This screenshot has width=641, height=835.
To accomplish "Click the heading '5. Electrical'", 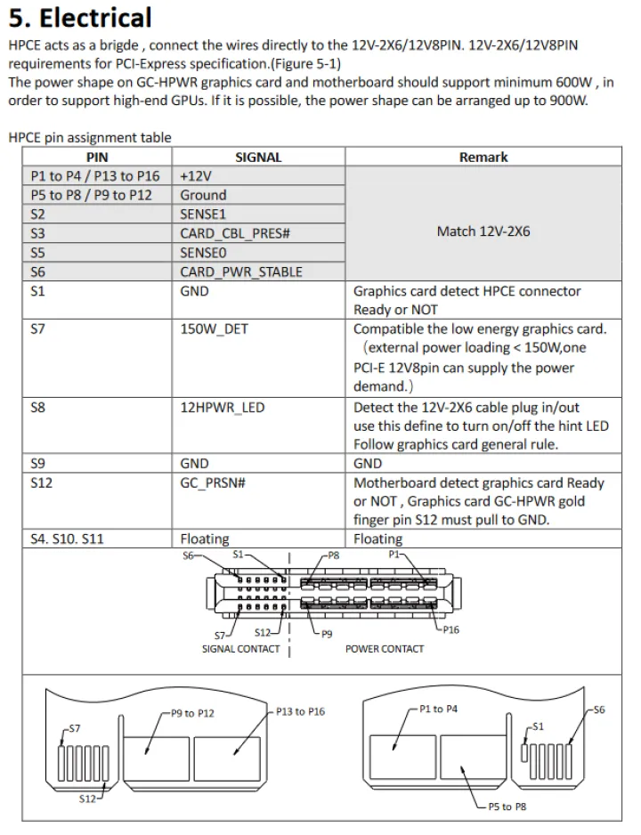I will click(x=80, y=17).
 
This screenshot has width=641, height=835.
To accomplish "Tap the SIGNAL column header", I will click(x=258, y=158).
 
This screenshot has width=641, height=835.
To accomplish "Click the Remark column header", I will click(x=483, y=158).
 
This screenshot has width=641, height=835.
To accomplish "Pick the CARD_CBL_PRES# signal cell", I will click(x=236, y=233).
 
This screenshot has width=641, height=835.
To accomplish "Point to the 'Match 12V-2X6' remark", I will click(x=483, y=231).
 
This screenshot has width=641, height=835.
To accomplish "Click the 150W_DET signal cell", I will click(x=215, y=329).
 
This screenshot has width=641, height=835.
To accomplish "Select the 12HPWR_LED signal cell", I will click(x=223, y=408).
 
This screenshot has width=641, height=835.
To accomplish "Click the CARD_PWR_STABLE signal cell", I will click(x=240, y=272).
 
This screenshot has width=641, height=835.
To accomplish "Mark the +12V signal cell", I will click(x=196, y=176).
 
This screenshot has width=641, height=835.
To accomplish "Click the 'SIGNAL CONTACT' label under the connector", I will click(x=240, y=649).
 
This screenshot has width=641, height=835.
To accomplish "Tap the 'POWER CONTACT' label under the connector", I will click(x=385, y=649).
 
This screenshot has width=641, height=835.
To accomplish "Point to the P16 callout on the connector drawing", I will click(x=450, y=630).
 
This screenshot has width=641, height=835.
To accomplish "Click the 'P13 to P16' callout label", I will click(x=300, y=712).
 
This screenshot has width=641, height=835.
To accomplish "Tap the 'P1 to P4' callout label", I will click(x=438, y=709).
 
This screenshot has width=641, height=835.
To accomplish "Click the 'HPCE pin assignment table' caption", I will click(x=89, y=138).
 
